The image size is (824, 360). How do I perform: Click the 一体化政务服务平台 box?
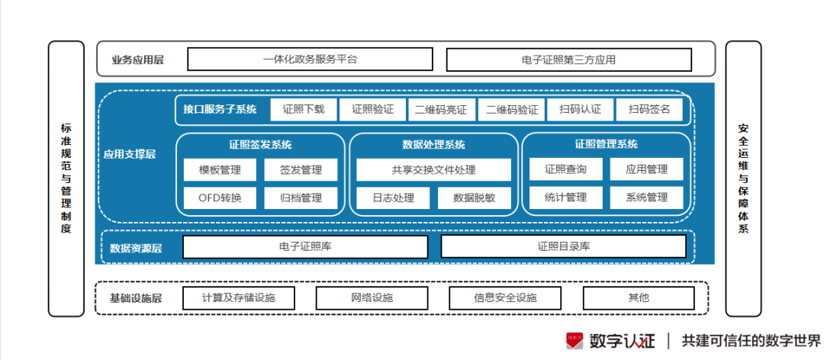point(310,59)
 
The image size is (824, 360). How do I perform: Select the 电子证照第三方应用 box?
point(568,59)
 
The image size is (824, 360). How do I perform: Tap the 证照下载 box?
point(303,110)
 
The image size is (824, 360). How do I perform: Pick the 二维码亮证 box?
point(441,110)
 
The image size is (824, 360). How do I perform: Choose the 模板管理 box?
point(220,170)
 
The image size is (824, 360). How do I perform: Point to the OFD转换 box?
point(220,198)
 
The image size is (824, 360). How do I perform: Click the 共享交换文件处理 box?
point(433,170)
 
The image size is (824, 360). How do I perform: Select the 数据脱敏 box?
point(474,198)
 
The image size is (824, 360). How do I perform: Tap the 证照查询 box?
point(565,170)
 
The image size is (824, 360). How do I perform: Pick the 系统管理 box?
point(646,198)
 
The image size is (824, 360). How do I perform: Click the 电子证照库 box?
point(305,247)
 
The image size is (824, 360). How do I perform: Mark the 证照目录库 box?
point(563,247)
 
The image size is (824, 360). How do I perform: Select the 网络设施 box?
point(372,297)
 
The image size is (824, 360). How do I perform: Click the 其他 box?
point(639,297)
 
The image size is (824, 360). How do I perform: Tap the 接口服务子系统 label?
point(220,110)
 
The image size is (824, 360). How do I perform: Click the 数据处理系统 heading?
point(433,145)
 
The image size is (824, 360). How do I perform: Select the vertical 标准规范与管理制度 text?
point(66,178)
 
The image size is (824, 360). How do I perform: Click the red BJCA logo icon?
point(575,340)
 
